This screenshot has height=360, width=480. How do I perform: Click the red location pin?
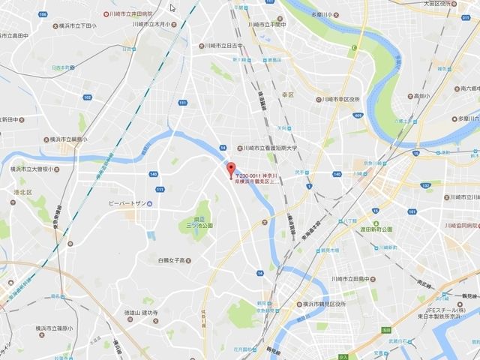point(231,169)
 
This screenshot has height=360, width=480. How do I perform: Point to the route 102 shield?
point(88,97)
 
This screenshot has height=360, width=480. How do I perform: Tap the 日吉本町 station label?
point(57,66)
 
